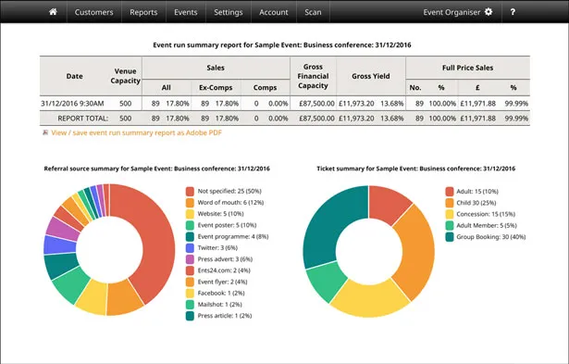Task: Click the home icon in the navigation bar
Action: pyautogui.click(x=53, y=12)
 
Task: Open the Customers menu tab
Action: pyautogui.click(x=93, y=12)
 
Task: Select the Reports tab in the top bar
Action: pyautogui.click(x=143, y=12)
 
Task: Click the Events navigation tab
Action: pyautogui.click(x=186, y=12)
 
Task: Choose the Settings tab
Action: pyautogui.click(x=228, y=12)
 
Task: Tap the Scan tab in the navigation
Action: pyautogui.click(x=313, y=12)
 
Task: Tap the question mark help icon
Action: pyautogui.click(x=538, y=12)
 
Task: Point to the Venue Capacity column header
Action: pyautogui.click(x=128, y=76)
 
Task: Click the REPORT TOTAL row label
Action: pyautogui.click(x=82, y=118)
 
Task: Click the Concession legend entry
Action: pyautogui.click(x=485, y=213)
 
